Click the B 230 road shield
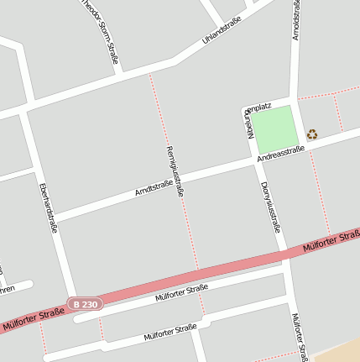[x=86, y=303]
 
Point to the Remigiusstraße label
[x=175, y=171]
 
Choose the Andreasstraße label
[x=280, y=151]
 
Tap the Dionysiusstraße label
[x=269, y=206]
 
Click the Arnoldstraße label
[x=295, y=20]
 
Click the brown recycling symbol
[x=312, y=134]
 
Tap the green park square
[x=275, y=128]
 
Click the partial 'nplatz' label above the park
[x=257, y=107]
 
